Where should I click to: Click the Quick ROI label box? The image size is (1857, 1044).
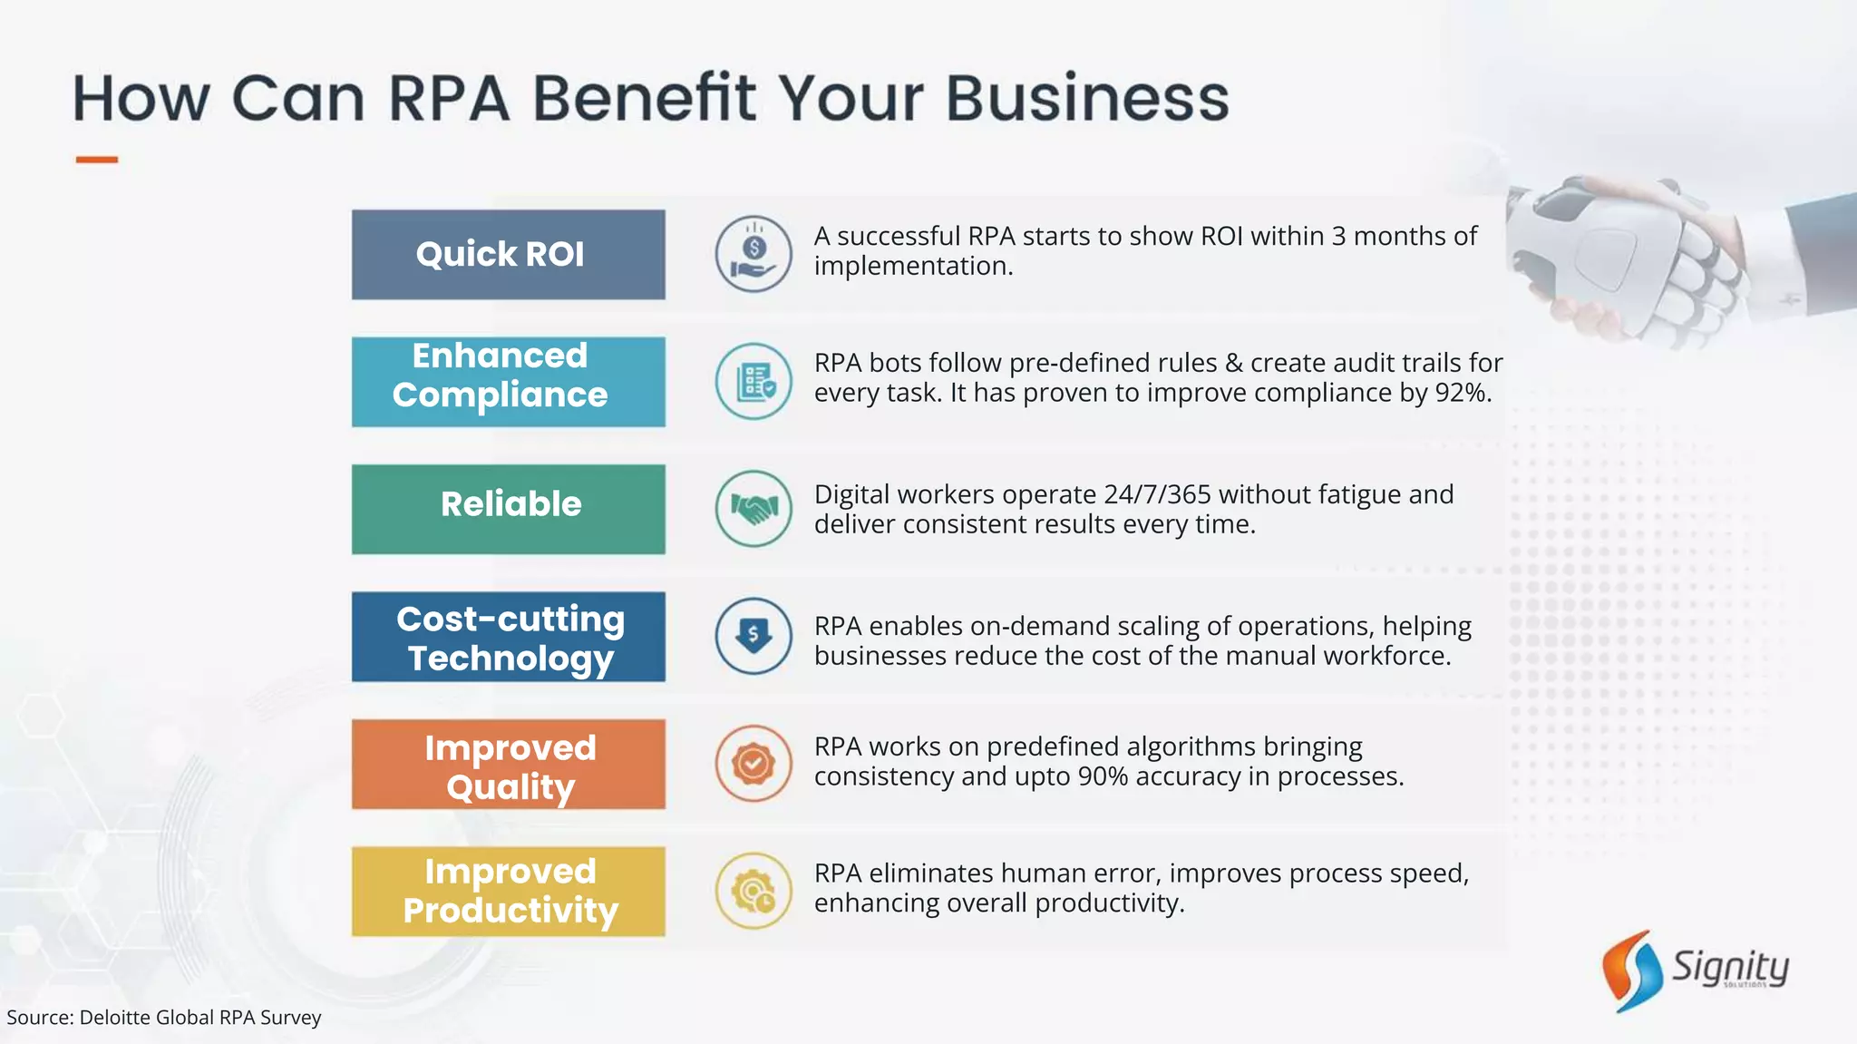coord(508,255)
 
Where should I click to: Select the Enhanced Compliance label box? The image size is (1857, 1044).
coord(508,382)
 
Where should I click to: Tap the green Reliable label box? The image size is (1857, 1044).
coord(508,509)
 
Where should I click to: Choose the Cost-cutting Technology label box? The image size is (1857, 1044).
coord(508,637)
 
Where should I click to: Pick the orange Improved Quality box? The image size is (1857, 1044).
coord(508,764)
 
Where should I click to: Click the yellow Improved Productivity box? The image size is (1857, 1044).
coord(508,891)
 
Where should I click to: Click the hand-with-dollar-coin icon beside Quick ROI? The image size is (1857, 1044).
coord(753,254)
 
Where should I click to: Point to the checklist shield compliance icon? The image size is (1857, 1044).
coord(753,381)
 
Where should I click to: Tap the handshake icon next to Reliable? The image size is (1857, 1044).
coord(753,508)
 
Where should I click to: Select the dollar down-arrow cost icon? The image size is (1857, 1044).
coord(753,636)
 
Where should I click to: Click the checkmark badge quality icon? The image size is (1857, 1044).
coord(753,763)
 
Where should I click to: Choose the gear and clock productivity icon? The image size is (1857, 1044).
coord(753,891)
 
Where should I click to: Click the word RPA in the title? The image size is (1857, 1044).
coord(449,98)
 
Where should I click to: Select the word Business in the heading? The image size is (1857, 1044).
coord(1087,98)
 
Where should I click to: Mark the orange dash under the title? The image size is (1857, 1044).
coord(96,160)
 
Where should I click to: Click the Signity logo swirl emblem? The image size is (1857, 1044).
coord(1632,970)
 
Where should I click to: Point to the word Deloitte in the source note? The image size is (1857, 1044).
coord(115,1018)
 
